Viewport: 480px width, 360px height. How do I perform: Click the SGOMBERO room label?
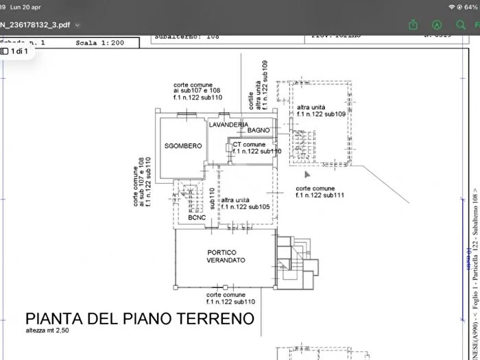pos(182,146)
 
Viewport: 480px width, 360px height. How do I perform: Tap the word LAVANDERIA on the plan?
pos(228,124)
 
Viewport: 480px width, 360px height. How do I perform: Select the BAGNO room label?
pos(259,130)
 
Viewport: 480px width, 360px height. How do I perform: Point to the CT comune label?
pos(249,145)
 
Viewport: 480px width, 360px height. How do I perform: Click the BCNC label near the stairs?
pos(197,217)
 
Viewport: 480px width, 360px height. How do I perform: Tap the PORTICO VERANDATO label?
pos(226,256)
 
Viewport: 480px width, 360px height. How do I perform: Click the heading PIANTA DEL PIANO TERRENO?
pos(140,319)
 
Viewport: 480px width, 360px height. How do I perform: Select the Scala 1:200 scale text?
pos(101,43)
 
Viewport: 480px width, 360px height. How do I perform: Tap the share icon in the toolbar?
pos(413,25)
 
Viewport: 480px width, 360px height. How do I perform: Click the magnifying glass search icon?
pos(460,25)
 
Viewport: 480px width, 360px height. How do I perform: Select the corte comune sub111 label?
pos(320,191)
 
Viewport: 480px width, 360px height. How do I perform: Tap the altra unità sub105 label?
pos(245,202)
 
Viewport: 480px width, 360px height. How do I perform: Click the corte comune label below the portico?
pos(230,298)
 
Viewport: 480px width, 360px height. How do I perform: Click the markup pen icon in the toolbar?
pos(436,25)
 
